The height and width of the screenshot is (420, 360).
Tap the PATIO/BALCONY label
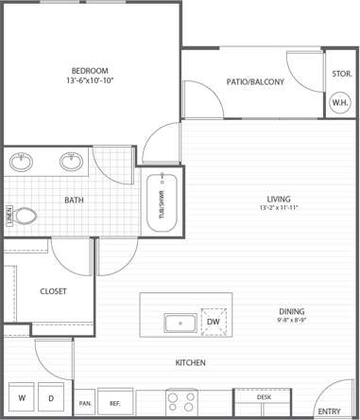tap(255, 82)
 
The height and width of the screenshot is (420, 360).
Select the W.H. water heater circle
tap(339, 102)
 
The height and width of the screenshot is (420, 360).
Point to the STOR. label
tap(340, 74)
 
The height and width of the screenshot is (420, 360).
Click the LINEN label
tap(9, 216)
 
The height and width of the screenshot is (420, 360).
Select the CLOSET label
tap(53, 291)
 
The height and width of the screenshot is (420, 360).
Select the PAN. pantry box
tap(84, 402)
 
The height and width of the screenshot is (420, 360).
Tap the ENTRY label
tap(329, 411)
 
